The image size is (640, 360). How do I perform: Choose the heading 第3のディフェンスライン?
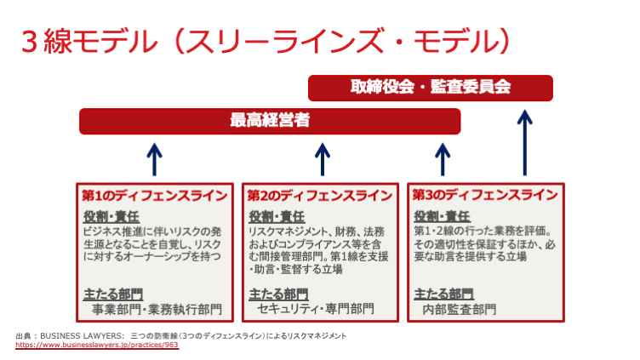pos(485,195)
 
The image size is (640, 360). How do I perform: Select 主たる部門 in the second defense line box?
pos(277,294)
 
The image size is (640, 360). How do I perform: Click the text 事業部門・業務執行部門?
pos(157,309)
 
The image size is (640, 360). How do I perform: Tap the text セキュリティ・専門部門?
pos(316,309)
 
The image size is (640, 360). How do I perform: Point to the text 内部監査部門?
pos(459,309)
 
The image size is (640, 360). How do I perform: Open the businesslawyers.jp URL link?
pos(96,345)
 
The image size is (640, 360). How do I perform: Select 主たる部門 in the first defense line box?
pos(111,294)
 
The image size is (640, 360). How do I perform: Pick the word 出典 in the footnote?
pos(24,336)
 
